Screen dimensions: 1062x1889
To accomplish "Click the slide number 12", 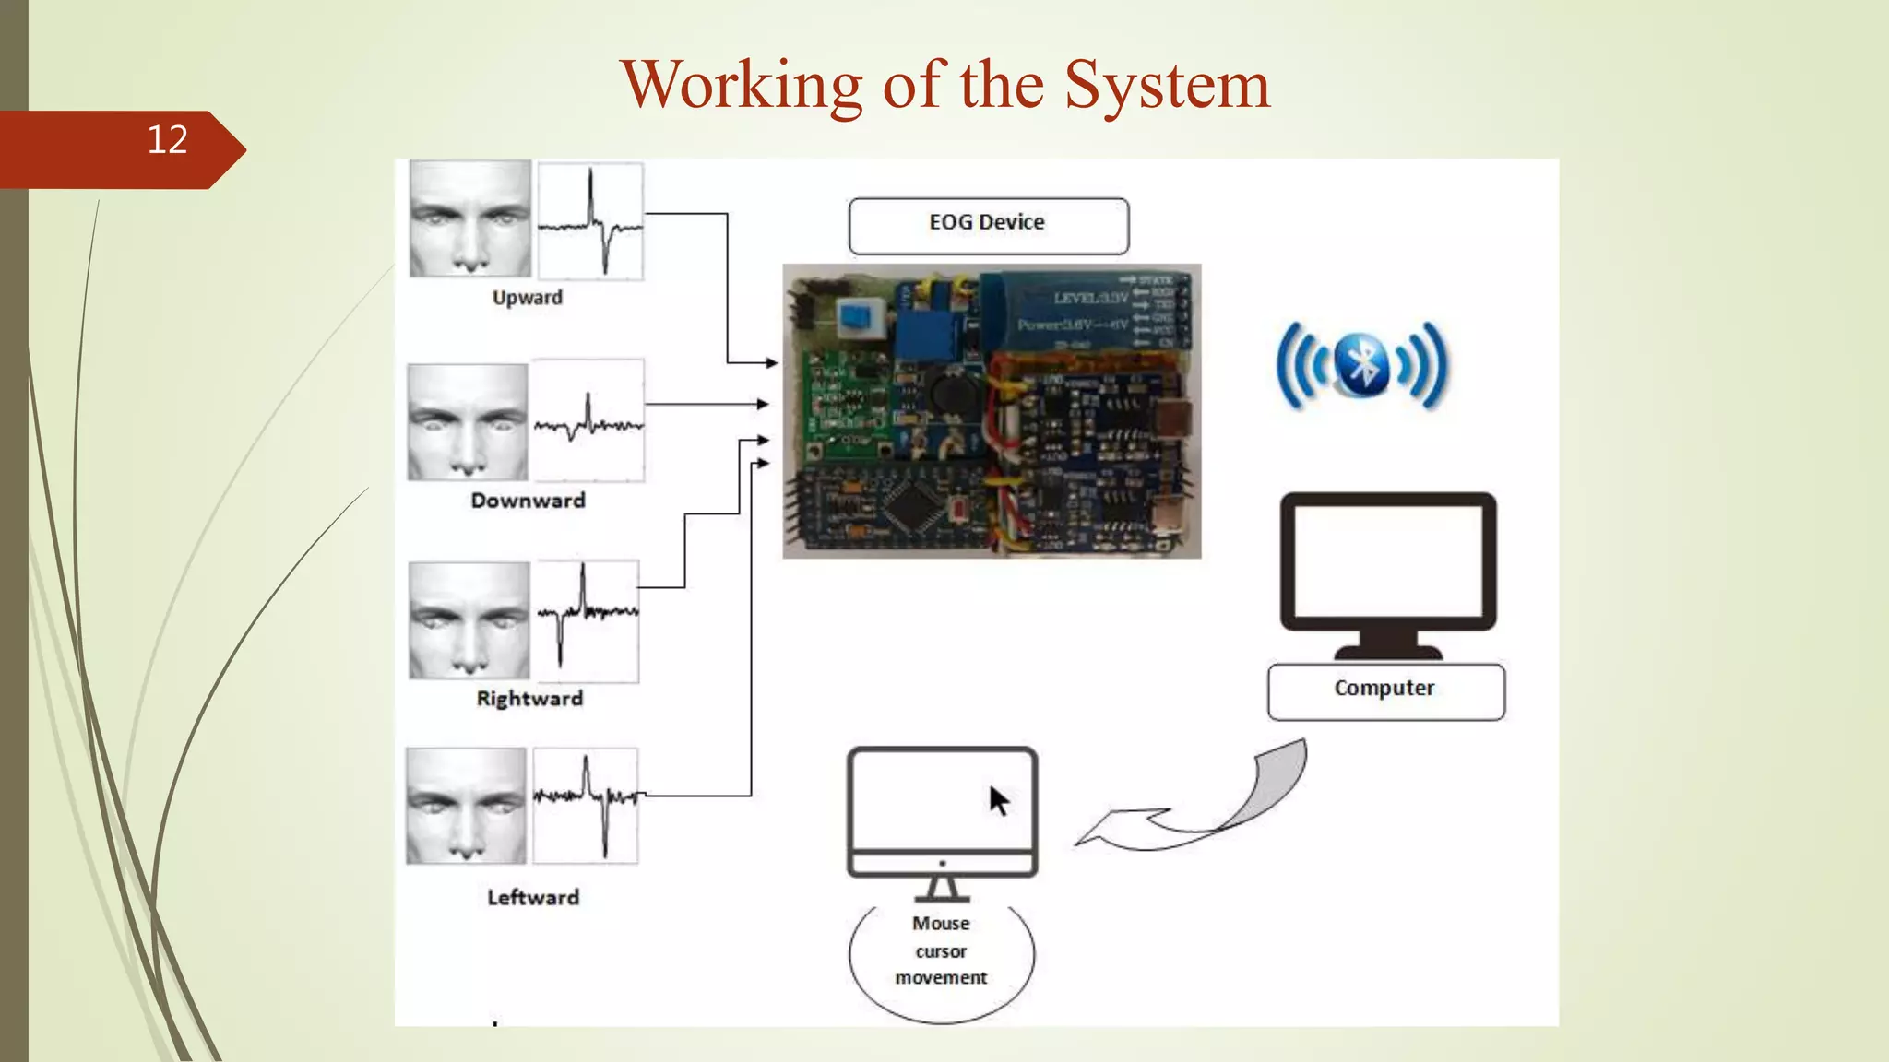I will pos(167,140).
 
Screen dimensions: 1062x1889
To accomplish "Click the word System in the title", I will pos(1167,85).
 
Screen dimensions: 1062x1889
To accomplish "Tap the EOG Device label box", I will pos(988,225).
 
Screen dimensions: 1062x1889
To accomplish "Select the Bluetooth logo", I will pos(1362,365).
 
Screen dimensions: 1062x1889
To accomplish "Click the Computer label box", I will pos(1385,690).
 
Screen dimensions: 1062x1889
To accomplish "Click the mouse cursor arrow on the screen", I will pos(999,801).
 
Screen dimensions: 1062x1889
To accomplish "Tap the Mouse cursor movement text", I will pos(941,950).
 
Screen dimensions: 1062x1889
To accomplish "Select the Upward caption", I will pos(527,298).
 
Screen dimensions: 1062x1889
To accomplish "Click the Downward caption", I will pos(528,501).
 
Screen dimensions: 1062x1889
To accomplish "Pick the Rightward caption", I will pos(529,699).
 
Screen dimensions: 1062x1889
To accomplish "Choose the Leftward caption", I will pos(533,898).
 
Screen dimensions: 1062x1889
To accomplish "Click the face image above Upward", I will pos(470,218).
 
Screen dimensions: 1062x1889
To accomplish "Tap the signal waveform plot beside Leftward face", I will pos(585,806).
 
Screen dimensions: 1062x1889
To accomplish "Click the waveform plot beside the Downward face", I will pos(588,420).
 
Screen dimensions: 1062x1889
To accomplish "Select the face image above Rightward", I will pos(469,620).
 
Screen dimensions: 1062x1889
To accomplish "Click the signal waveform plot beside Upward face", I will pos(590,221).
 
